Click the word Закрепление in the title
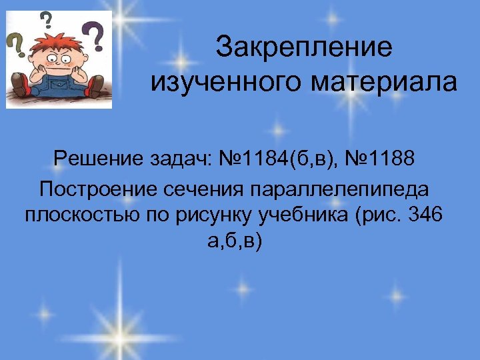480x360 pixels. click(x=305, y=47)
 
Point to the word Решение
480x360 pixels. click(x=97, y=159)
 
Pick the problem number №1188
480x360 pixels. click(x=378, y=159)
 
